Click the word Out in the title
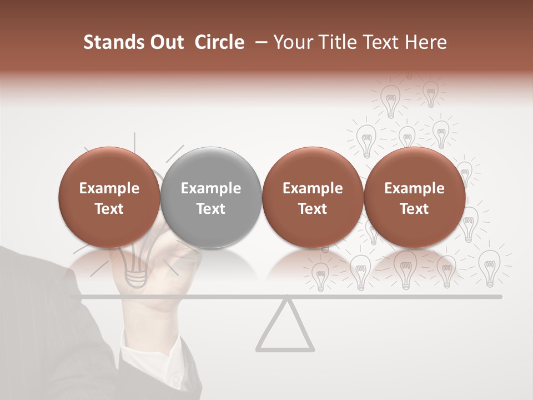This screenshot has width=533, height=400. coord(166,42)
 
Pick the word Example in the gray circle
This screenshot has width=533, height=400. coord(211,188)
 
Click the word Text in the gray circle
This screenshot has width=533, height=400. coord(211,209)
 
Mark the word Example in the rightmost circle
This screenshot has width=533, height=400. coord(414,188)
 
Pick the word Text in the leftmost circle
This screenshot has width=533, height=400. coord(109,209)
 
